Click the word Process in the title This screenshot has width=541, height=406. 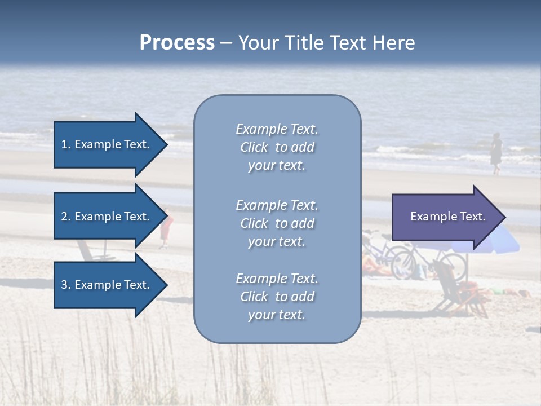[177, 43]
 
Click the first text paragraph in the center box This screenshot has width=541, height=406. [277, 147]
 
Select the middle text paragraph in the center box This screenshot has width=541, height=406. [277, 223]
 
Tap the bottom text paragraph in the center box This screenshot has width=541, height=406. [277, 297]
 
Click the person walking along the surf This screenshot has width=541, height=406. [496, 153]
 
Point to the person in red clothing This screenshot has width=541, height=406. [166, 229]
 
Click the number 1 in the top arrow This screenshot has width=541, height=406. [64, 144]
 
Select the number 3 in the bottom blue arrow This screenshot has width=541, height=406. [64, 285]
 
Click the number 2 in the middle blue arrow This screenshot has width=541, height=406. [64, 217]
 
